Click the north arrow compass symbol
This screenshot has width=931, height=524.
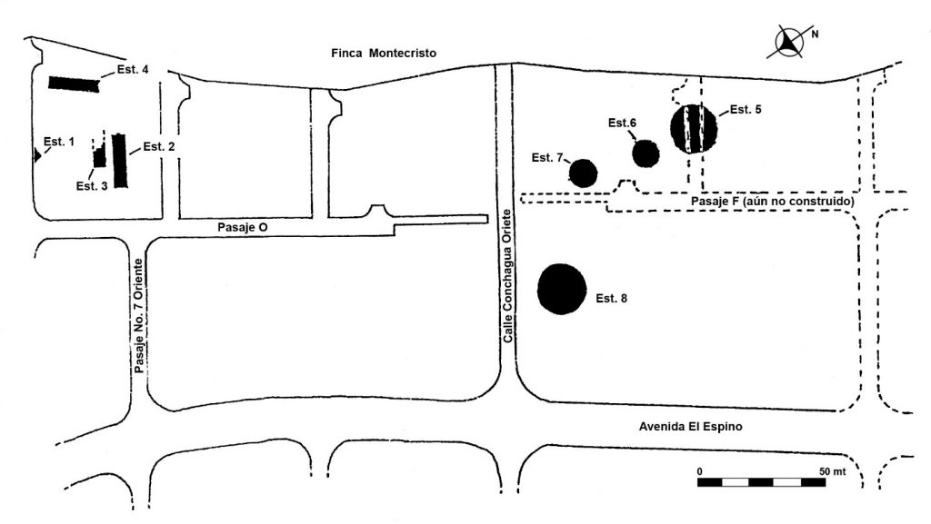coord(790,42)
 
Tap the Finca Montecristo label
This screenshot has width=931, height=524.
coord(384,54)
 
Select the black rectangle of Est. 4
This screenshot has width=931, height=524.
coord(75,84)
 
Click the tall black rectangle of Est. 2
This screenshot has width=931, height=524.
coord(119,161)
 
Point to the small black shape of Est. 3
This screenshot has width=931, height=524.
coord(99,157)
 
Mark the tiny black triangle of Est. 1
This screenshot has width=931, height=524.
coord(36,156)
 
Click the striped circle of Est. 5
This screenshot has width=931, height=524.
coord(694,129)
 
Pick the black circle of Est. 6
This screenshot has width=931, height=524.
coord(646,154)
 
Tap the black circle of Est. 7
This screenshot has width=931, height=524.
coord(583,173)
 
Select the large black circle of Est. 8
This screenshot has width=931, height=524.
coord(562,290)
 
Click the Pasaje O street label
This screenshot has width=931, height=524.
coord(242,228)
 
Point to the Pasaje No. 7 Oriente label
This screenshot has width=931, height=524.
coord(139,316)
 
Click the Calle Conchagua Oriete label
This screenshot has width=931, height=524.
coord(507,276)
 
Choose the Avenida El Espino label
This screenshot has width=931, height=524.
coord(691,427)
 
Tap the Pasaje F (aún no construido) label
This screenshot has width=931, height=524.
coord(773,202)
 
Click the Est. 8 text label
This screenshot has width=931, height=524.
coord(612,299)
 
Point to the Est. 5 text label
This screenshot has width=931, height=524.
coord(746,110)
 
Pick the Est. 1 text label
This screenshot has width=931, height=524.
coord(59,143)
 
